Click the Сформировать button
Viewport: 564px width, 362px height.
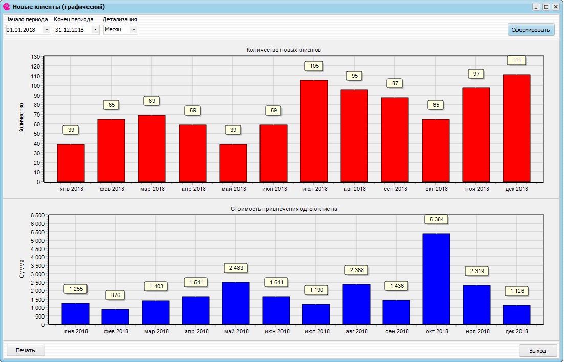pyautogui.click(x=531, y=30)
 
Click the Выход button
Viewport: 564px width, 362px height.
pyautogui.click(x=537, y=351)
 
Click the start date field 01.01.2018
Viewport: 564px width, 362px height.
pyautogui.click(x=24, y=30)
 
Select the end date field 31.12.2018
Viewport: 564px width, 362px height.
pyautogui.click(x=73, y=30)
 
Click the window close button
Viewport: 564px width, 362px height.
pyautogui.click(x=555, y=7)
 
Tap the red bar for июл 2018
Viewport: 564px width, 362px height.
pyautogui.click(x=314, y=131)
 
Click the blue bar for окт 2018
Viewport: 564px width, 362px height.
pyautogui.click(x=436, y=279)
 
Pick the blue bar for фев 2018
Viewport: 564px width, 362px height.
pyautogui.click(x=115, y=316)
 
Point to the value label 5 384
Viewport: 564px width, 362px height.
pyautogui.click(x=436, y=219)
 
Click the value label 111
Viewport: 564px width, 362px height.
pyautogui.click(x=516, y=60)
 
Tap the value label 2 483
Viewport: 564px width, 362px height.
pyautogui.click(x=235, y=268)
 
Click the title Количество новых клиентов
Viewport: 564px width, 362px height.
pyautogui.click(x=284, y=50)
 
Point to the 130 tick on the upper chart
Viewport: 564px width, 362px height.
pyautogui.click(x=35, y=57)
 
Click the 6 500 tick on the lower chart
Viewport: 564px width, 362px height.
pyautogui.click(x=38, y=216)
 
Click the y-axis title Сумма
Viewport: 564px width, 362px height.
pyautogui.click(x=21, y=268)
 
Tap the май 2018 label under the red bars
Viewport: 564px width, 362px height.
pyautogui.click(x=234, y=189)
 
